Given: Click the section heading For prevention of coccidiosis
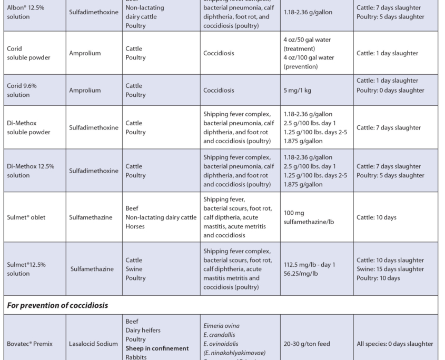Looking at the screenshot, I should tap(57, 305).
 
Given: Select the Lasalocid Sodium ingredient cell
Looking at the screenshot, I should tap(93, 344).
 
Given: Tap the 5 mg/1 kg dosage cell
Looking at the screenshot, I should tap(300, 90).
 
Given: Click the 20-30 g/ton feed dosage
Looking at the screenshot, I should tap(307, 344).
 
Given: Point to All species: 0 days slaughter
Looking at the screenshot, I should tap(395, 344).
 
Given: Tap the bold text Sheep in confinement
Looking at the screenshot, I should tap(157, 348).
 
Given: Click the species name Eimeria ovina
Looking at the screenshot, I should tap(222, 326).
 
